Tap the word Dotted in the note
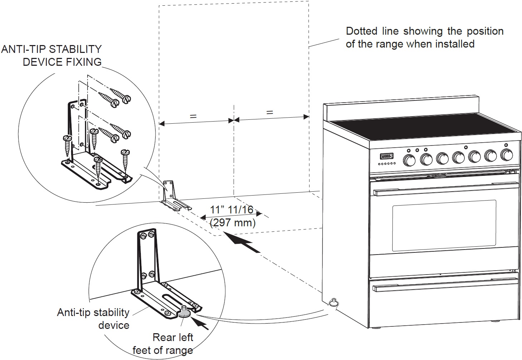coord(361,31)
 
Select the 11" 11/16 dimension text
coord(231,209)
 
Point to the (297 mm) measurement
coord(233,223)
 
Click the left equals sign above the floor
coord(193,116)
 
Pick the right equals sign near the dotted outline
coord(270,112)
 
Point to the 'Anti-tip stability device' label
coord(93,319)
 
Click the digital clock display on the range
coord(386,156)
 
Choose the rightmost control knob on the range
coord(507,155)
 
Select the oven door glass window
coord(444,225)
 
